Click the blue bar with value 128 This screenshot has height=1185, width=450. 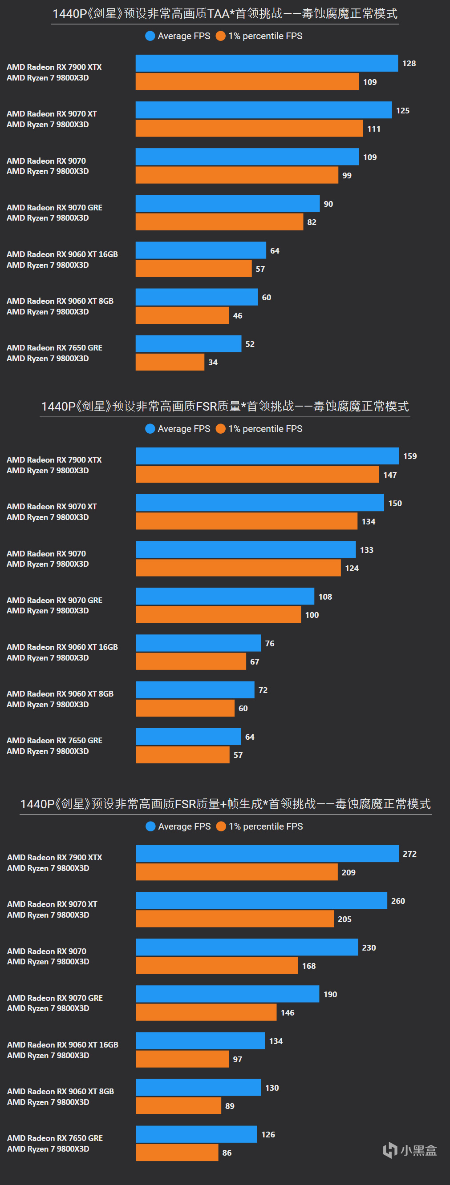coord(267,63)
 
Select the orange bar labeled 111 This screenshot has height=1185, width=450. coord(249,129)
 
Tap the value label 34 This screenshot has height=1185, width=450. coord(213,363)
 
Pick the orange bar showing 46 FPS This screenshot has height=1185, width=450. coord(182,315)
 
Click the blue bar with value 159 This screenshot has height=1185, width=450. coord(268,456)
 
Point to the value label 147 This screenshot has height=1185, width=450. coord(390,475)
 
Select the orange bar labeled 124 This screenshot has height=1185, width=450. coord(238,568)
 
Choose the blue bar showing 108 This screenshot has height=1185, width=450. coord(225,596)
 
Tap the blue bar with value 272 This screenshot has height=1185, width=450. coord(268,853)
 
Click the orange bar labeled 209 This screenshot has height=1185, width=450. coord(236,872)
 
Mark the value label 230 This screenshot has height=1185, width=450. coord(369,947)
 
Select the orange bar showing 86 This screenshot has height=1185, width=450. coord(177,1153)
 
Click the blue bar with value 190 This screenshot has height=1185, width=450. coord(227,994)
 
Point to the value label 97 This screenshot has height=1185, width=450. coord(237,1060)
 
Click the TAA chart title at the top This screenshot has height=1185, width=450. coord(225,14)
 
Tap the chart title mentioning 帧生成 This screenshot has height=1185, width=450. coord(225,804)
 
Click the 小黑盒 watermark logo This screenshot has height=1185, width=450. coord(409,1150)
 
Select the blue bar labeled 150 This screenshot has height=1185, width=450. coord(260,503)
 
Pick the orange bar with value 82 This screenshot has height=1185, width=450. coord(219,222)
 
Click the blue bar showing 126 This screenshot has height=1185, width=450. coord(196,1134)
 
